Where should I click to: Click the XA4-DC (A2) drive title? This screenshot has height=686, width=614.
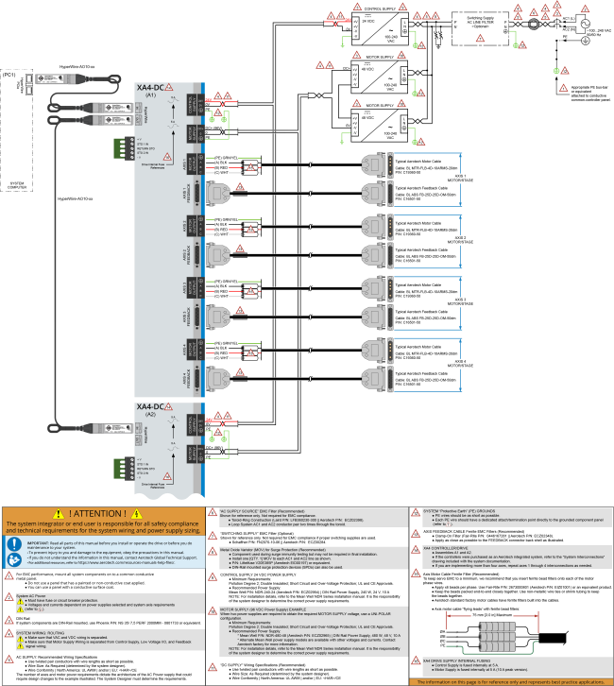coord(151,407)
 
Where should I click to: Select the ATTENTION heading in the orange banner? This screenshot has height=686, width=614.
coord(111,513)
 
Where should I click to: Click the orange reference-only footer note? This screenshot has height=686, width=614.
coord(510,680)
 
